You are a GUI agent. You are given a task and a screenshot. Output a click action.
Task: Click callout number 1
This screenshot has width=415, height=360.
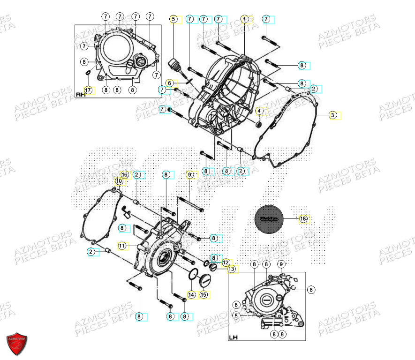(x=244, y=19)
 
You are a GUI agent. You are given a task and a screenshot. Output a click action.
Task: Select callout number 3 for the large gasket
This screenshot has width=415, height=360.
(x=332, y=115)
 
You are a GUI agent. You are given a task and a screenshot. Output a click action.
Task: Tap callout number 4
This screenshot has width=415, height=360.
(x=258, y=111)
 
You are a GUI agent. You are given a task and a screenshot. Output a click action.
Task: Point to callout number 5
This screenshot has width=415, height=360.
(x=174, y=19)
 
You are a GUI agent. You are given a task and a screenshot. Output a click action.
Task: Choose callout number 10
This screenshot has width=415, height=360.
(x=119, y=180)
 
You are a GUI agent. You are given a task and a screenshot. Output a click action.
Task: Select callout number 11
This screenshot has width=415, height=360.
(x=122, y=246)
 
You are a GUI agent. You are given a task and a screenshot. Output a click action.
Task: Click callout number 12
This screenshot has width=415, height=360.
(x=226, y=262)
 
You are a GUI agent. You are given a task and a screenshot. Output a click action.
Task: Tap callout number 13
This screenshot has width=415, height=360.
(x=231, y=269)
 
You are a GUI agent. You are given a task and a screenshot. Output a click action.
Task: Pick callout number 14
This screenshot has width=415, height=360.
(x=191, y=295)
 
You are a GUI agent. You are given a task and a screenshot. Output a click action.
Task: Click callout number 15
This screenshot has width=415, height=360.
(x=203, y=295)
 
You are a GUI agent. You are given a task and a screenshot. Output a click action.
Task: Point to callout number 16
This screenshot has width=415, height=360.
(x=125, y=174)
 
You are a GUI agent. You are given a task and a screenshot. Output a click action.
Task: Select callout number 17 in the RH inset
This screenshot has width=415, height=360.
(x=88, y=90)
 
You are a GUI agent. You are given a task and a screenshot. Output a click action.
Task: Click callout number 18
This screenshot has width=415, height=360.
(x=303, y=219)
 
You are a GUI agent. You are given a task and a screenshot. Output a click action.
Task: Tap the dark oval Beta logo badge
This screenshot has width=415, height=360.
(x=269, y=219)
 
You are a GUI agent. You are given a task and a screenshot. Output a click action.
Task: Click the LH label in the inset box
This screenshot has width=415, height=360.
(x=234, y=337)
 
